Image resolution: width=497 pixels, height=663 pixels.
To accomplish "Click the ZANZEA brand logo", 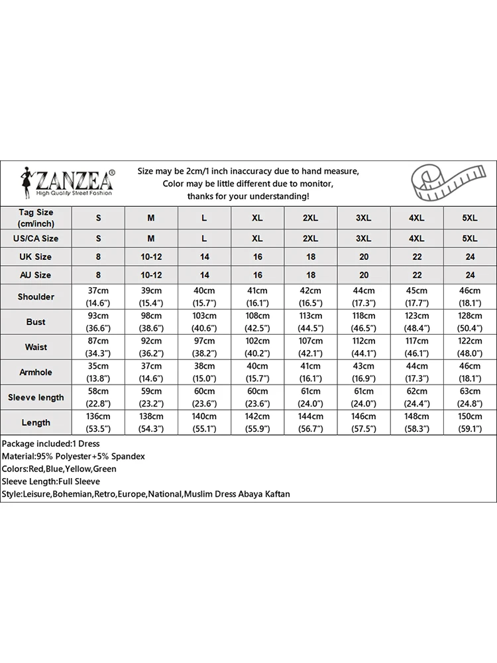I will point(67,180).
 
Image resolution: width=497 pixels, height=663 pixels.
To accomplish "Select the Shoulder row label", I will point(36,296).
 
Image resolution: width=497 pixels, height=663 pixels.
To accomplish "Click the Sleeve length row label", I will point(36,397).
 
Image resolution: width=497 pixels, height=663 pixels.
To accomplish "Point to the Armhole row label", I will point(36,372).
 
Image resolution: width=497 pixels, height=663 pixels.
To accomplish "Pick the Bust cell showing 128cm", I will point(469,322).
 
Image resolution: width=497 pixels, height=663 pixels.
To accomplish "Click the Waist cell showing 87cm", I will point(98,347).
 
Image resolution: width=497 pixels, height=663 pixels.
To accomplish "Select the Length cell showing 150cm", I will point(469,422).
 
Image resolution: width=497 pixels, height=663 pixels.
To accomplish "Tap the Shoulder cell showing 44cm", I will point(363,296).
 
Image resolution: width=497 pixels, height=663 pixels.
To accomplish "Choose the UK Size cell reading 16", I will point(257,257).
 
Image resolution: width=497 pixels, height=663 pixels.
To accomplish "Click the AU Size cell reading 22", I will point(416,274).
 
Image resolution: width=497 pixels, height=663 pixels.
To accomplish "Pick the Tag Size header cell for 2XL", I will point(310,217).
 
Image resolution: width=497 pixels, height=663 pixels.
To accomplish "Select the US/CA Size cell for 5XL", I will point(469,238).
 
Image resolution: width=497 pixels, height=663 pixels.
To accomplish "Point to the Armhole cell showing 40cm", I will point(257,372).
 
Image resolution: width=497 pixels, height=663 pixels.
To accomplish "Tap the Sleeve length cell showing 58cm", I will point(98,397).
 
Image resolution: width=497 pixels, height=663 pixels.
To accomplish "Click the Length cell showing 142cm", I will point(257,422).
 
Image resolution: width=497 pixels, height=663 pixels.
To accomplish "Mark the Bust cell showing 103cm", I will point(204,322).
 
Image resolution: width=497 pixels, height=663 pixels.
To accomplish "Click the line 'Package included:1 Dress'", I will point(50,444).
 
